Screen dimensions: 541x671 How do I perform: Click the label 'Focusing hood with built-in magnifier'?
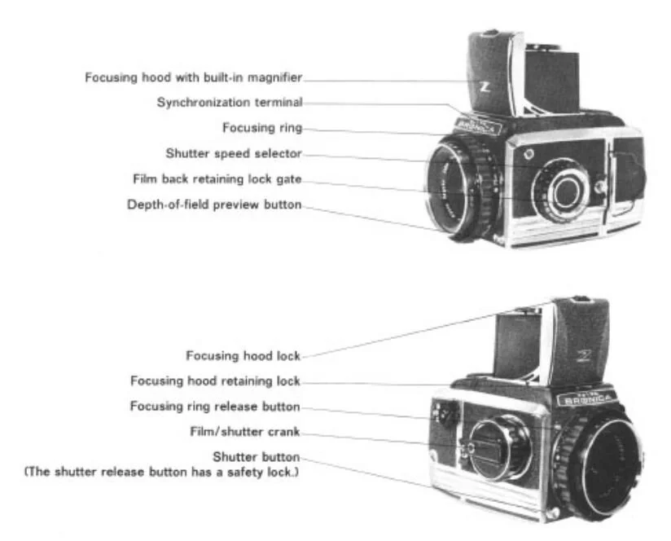point(194,77)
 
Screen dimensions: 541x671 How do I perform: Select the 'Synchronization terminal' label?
point(230,103)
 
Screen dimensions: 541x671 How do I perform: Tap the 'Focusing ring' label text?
point(262,128)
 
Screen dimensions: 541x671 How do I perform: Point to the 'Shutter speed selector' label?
point(234,153)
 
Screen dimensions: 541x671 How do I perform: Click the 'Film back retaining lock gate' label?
point(217,178)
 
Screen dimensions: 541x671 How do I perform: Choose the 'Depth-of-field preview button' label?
point(214,205)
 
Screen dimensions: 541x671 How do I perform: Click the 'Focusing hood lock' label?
point(243,355)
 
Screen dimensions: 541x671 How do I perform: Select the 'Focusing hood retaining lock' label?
point(216,380)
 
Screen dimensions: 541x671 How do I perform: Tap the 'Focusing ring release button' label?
point(215,406)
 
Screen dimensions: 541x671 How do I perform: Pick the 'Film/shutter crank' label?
point(244,431)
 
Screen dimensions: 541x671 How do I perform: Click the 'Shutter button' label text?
point(257,456)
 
